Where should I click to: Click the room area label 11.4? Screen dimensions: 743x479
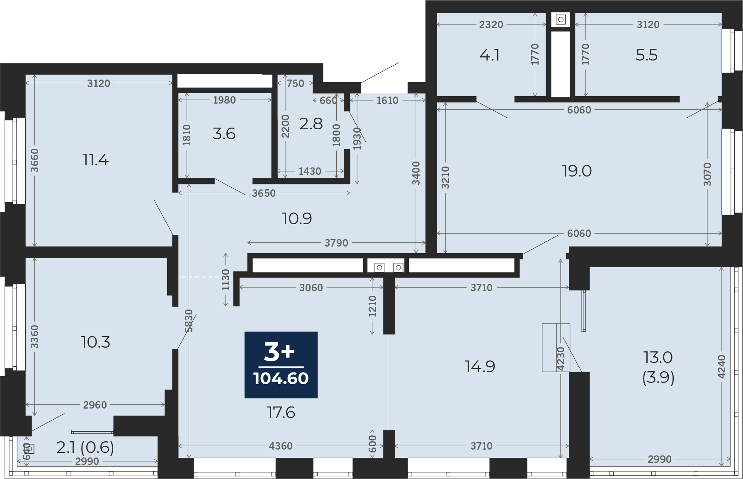click(x=96, y=160)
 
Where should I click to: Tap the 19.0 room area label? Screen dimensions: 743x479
click(x=577, y=171)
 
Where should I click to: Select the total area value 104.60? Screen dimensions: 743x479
click(x=281, y=378)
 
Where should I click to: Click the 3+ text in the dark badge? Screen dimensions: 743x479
click(x=279, y=352)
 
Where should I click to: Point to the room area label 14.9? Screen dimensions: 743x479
click(x=480, y=367)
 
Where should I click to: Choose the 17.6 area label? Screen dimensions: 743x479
click(x=281, y=413)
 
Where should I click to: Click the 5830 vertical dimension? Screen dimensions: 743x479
click(x=189, y=321)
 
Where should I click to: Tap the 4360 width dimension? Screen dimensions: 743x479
click(x=281, y=446)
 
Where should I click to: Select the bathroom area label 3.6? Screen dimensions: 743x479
click(x=224, y=134)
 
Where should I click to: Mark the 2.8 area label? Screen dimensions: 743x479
click(x=311, y=124)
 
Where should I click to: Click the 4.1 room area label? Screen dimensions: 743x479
click(x=490, y=55)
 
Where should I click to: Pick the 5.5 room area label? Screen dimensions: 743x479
click(x=647, y=55)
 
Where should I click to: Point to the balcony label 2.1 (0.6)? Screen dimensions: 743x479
click(x=85, y=448)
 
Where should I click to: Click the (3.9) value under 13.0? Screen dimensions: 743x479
click(x=658, y=377)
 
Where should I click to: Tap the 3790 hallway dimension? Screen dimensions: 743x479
click(x=336, y=243)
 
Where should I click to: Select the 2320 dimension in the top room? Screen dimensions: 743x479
click(x=491, y=24)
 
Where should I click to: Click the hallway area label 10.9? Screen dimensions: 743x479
click(x=297, y=218)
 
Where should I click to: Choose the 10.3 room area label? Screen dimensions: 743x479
click(x=96, y=342)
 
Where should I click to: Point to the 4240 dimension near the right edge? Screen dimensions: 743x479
click(x=721, y=367)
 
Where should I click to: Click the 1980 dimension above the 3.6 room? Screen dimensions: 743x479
click(x=224, y=100)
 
